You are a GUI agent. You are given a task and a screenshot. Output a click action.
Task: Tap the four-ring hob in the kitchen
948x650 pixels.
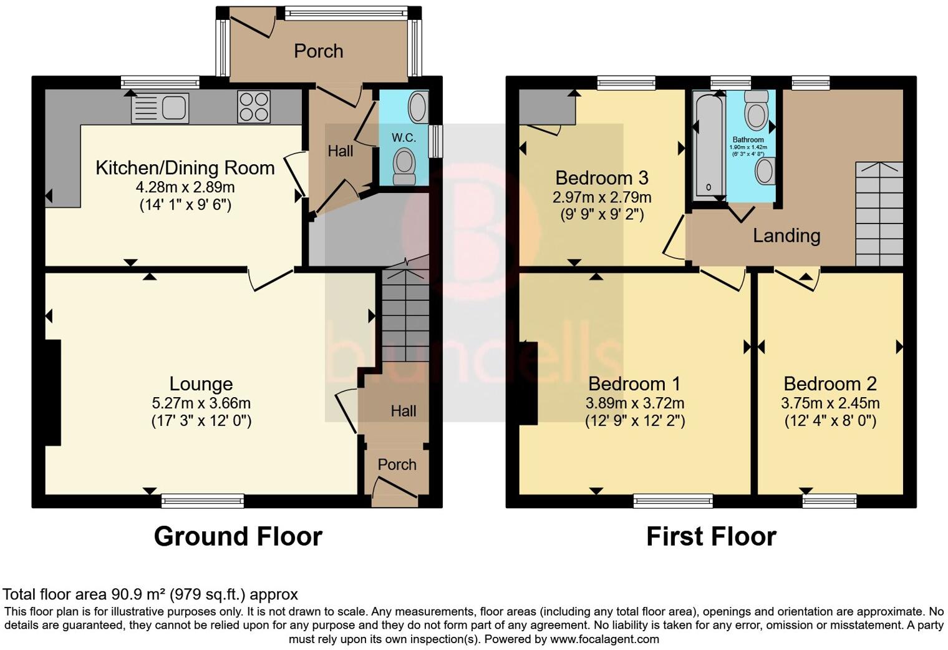click(x=254, y=107)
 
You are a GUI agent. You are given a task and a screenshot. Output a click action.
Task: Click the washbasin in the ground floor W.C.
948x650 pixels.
click(x=418, y=107)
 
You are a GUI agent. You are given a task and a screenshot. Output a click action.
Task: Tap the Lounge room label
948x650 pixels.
click(x=201, y=384)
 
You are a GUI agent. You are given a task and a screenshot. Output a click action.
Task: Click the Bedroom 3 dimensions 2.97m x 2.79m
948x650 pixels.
click(x=602, y=198)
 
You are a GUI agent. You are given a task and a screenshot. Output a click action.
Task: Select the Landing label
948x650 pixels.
click(x=786, y=235)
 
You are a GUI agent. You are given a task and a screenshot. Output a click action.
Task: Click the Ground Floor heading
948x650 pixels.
click(x=238, y=536)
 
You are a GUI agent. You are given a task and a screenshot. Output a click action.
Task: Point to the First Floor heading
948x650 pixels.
click(x=711, y=536)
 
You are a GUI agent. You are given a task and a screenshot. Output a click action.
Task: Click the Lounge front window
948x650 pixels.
click(x=203, y=500)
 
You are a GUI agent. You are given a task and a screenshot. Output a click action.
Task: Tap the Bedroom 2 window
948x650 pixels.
click(x=830, y=500)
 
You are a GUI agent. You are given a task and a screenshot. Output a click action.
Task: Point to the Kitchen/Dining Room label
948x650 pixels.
click(x=185, y=168)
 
